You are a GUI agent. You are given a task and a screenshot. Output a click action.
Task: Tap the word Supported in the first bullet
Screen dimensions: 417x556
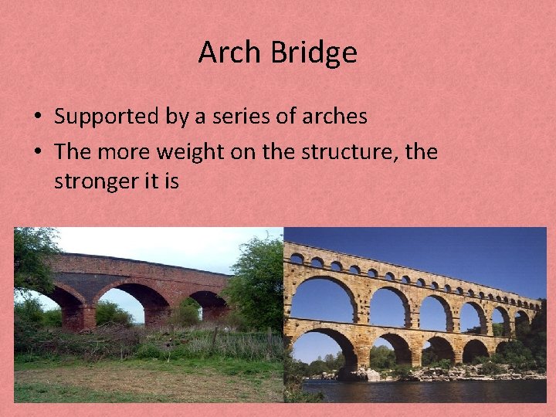coord(105,117)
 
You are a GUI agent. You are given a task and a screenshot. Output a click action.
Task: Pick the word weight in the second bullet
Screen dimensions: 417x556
coord(192,151)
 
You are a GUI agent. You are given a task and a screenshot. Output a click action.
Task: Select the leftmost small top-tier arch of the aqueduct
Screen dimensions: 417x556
coord(297,259)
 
